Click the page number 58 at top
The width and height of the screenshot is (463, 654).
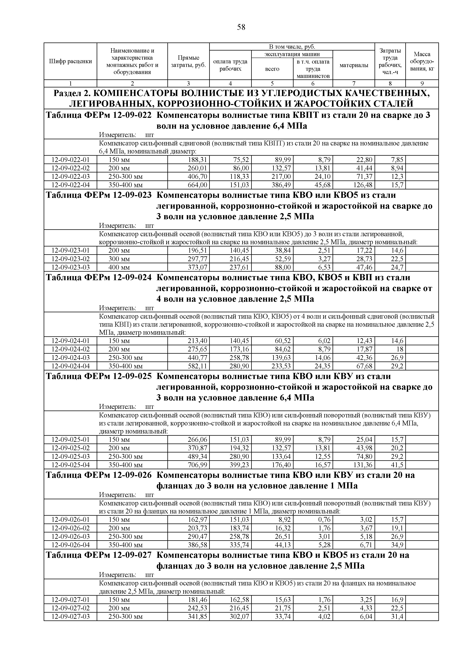(x=241, y=27)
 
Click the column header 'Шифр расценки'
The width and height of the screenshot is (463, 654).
(x=70, y=61)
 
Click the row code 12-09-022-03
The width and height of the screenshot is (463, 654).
(x=70, y=176)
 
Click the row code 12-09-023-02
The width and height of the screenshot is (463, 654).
(x=70, y=259)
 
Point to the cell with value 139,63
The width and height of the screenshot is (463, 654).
(x=281, y=357)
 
